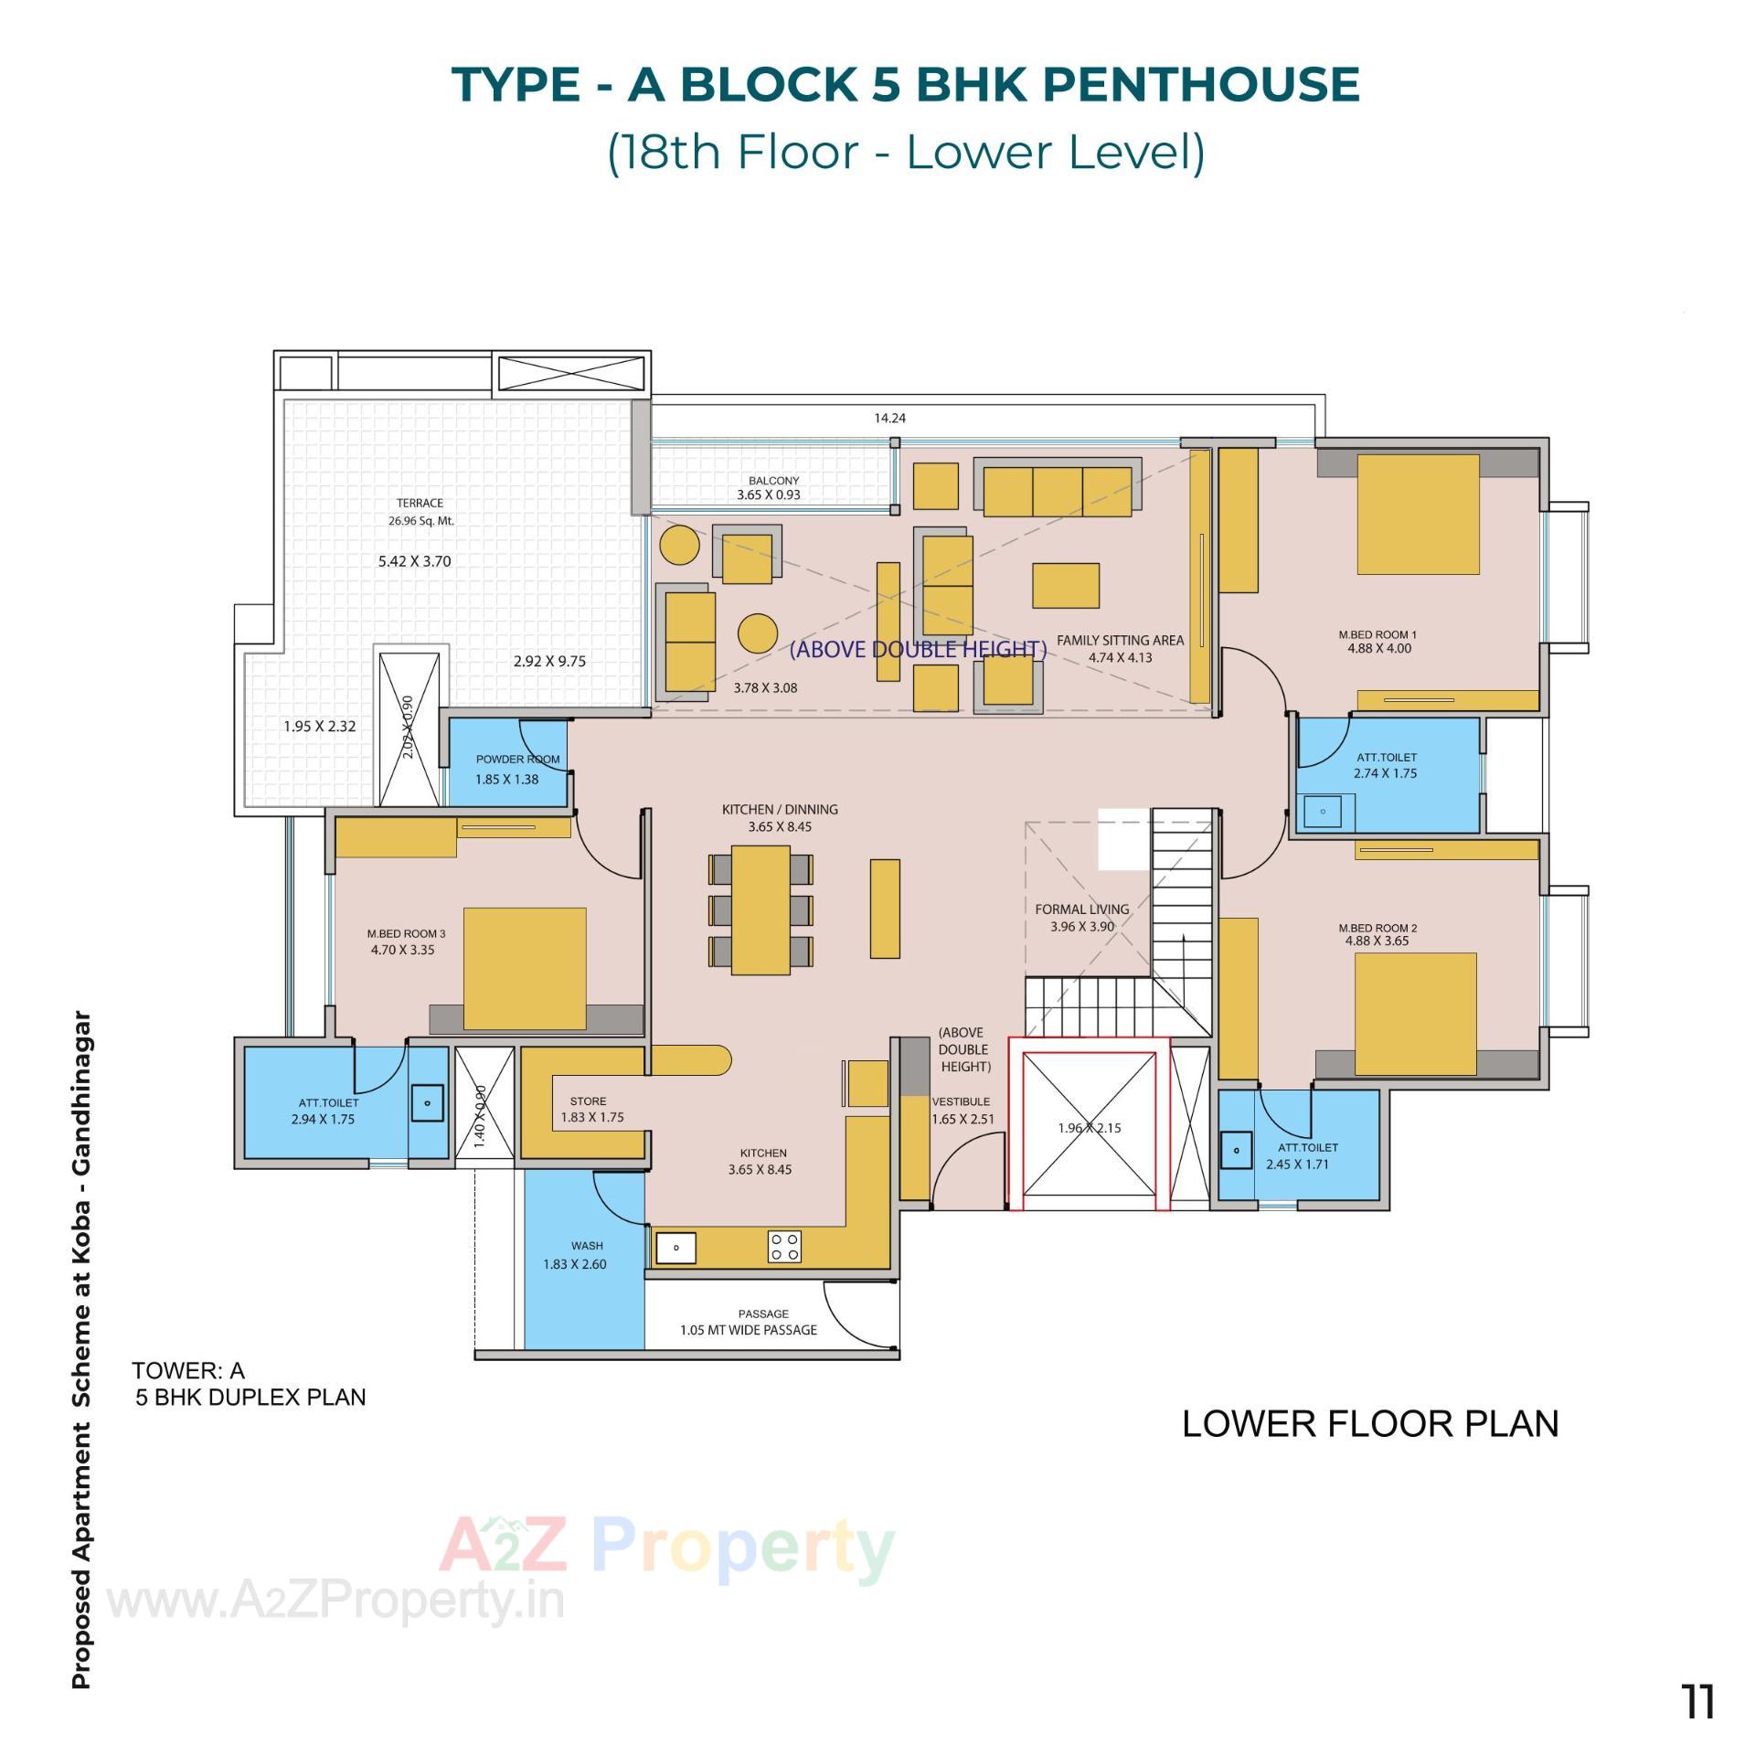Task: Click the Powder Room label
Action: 517,759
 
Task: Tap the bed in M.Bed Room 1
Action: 1418,515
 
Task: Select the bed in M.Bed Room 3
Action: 525,968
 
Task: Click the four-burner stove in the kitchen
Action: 784,1247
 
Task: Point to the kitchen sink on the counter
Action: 676,1247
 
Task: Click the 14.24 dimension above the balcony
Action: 889,418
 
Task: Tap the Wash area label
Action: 587,1245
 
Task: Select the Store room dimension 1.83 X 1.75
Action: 592,1117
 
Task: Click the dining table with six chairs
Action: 760,909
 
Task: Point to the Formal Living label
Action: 1082,909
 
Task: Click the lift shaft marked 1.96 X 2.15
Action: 1089,1128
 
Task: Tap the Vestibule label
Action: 961,1101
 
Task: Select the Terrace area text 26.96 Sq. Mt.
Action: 420,521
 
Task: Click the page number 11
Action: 1698,1702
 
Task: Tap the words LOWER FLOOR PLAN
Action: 1369,1423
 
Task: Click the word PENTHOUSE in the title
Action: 1200,84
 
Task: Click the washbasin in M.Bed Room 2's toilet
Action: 1237,1150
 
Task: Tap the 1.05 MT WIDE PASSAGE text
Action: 748,1330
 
